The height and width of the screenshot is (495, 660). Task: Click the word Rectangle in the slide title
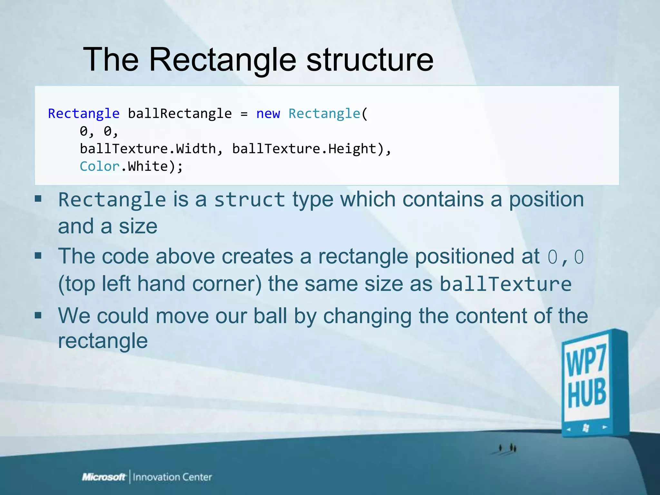pyautogui.click(x=222, y=60)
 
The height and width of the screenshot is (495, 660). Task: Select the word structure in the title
pyautogui.click(x=370, y=60)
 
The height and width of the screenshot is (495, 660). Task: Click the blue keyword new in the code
pyautogui.click(x=268, y=114)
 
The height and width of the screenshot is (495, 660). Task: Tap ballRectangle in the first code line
pyautogui.click(x=180, y=114)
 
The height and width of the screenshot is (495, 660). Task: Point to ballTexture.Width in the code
pyautogui.click(x=148, y=149)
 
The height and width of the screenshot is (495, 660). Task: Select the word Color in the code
pyautogui.click(x=100, y=167)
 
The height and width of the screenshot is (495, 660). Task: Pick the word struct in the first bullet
pyautogui.click(x=249, y=200)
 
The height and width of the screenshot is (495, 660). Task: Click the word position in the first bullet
pyautogui.click(x=546, y=199)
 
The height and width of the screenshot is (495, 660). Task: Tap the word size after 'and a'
pyautogui.click(x=138, y=227)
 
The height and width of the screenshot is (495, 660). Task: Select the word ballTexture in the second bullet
pyautogui.click(x=505, y=284)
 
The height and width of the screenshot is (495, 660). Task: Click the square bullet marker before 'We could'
pyautogui.click(x=38, y=315)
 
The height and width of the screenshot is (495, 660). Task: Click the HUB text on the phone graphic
pyautogui.click(x=587, y=394)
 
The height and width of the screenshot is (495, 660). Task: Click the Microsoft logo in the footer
pyautogui.click(x=103, y=477)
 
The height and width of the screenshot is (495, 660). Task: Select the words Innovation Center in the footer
pyautogui.click(x=172, y=477)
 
